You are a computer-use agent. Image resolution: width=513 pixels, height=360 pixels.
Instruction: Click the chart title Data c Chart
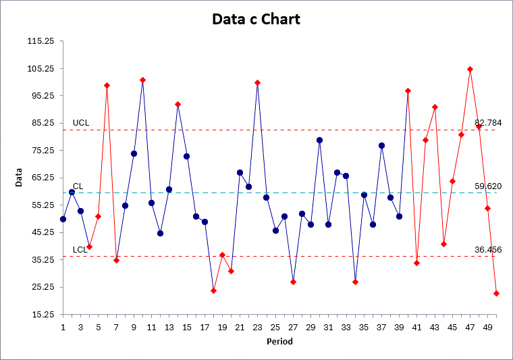tap(256, 19)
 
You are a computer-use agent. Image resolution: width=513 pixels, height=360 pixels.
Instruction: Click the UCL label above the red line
tap(81, 123)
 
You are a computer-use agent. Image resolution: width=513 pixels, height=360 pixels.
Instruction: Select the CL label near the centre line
tap(78, 186)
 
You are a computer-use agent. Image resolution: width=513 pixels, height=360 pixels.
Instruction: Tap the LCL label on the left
tap(80, 250)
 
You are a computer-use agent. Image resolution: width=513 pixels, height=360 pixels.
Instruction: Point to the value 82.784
tap(488, 122)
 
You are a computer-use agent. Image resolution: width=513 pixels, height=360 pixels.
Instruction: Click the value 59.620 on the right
tap(488, 186)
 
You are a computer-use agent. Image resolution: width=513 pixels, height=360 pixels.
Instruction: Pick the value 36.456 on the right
tap(488, 249)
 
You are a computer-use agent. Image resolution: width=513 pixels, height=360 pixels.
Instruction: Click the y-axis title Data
tap(20, 177)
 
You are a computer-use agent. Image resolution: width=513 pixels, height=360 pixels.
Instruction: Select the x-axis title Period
tap(279, 342)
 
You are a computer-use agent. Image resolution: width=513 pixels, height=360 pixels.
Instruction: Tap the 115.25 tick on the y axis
tap(41, 41)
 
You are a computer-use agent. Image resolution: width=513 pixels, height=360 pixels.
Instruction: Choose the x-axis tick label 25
tap(275, 328)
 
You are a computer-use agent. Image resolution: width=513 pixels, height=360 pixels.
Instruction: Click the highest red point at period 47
tap(470, 69)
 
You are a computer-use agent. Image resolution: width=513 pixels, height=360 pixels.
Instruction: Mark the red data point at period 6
tap(107, 86)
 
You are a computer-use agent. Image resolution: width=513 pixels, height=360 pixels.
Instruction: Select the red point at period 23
tap(258, 82)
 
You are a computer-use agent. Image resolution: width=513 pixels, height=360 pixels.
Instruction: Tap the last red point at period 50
tap(496, 293)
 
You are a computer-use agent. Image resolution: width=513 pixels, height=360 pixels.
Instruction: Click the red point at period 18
tap(213, 290)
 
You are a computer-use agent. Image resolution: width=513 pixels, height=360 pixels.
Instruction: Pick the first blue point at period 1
tap(63, 219)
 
